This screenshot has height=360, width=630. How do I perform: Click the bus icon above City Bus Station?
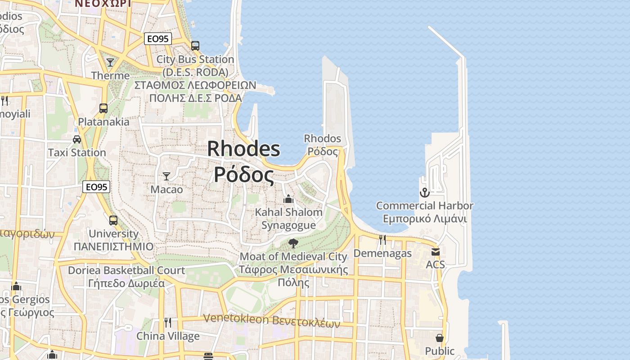195,45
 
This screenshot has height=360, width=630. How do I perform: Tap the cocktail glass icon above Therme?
110,62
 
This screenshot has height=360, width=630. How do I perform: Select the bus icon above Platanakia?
103,108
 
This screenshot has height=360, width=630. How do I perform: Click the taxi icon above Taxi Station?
77,139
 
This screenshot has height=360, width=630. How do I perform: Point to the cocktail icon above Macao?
166,176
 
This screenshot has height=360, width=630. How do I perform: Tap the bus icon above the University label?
113,220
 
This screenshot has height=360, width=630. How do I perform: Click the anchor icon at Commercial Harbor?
424,193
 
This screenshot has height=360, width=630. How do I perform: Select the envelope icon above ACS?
435,252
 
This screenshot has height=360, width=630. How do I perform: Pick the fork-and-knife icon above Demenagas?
382,240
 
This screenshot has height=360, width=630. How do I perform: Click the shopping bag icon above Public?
440,338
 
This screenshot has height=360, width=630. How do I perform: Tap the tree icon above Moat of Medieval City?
293,243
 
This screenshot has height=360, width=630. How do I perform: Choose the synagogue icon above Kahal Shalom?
288,198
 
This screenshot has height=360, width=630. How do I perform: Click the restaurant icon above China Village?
168,322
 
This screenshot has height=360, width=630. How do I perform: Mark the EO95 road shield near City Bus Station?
158,39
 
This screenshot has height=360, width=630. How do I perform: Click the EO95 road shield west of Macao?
96,187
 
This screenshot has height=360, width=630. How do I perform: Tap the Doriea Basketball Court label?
126,270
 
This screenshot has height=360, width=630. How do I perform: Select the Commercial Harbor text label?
425,206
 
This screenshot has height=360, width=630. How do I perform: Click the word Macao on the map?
166,189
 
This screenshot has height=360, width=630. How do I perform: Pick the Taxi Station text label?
77,153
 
